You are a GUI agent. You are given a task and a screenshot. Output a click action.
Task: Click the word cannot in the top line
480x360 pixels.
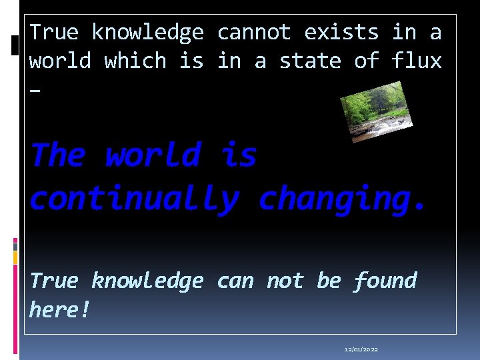tap(254, 32)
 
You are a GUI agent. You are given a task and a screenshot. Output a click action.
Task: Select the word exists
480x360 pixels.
tap(341, 32)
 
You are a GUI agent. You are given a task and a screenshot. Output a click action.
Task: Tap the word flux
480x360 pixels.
tap(417, 61)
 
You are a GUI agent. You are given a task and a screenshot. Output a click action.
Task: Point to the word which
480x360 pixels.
tap(135, 61)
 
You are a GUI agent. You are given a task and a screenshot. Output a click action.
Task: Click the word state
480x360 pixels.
tap(309, 61)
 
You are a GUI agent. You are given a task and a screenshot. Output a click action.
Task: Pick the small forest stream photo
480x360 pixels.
tap(376, 111)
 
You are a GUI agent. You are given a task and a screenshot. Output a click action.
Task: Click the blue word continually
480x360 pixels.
tap(133, 199)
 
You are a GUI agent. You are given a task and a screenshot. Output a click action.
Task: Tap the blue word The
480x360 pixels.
tap(57, 155)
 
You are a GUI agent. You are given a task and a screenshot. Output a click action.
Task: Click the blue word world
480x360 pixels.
tap(153, 155)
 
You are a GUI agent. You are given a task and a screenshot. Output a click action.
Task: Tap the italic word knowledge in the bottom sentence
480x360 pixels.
tap(147, 281)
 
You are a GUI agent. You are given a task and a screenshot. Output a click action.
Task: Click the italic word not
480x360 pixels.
tap(285, 281)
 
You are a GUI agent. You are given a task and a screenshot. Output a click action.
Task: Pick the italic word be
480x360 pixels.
tap(329, 281)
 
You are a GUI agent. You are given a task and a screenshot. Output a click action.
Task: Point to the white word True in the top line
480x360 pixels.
tap(54, 32)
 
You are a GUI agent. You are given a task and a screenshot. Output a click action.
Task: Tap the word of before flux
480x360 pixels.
tap(366, 61)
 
